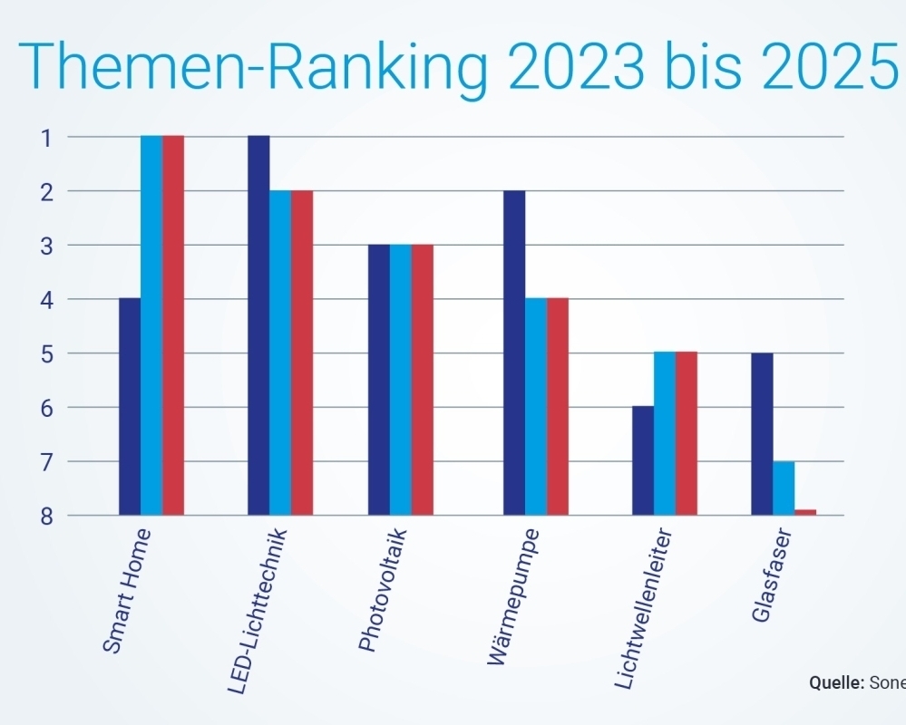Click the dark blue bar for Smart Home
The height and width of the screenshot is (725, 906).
130,406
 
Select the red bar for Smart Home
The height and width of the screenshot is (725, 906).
173,324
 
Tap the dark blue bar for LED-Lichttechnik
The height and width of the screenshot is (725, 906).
258,324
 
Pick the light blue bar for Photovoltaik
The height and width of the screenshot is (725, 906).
401,379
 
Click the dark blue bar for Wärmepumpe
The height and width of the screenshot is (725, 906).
514,352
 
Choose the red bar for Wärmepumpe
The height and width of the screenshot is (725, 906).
558,406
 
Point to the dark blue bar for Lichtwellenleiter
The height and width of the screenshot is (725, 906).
643,460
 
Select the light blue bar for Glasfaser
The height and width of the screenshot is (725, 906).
784,488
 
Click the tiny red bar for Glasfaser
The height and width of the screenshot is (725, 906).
805,512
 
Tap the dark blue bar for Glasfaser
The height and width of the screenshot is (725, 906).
762,433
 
